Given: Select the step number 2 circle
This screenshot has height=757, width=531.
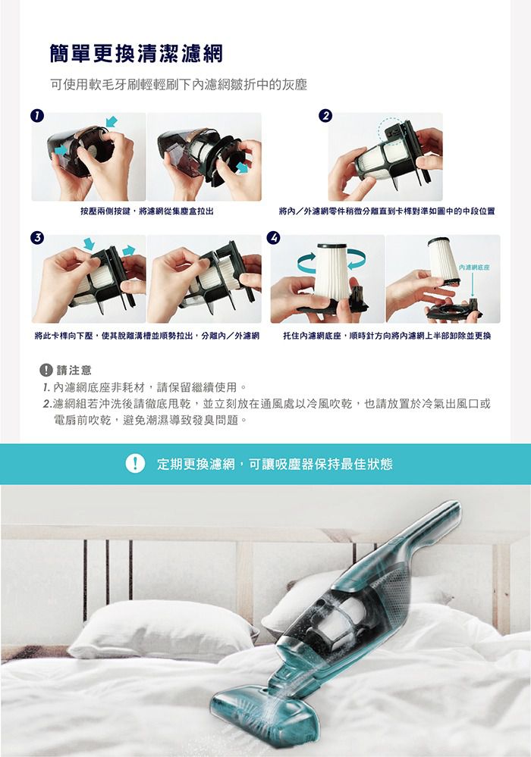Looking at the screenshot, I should [325, 115].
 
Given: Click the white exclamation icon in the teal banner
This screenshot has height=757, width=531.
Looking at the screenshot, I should [136, 464].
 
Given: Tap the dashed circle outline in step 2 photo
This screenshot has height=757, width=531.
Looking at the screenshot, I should [394, 129].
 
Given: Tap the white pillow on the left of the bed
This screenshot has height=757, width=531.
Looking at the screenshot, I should [163, 629].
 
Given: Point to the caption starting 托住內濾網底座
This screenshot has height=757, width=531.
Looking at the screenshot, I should [386, 334].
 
